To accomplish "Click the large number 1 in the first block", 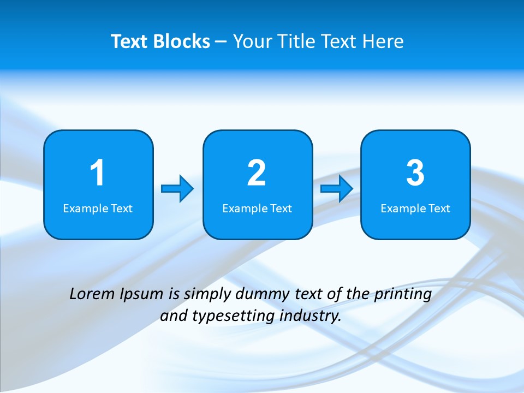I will pyautogui.click(x=98, y=173).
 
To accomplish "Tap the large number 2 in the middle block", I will pyautogui.click(x=257, y=173).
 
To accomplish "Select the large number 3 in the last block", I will pyautogui.click(x=415, y=173).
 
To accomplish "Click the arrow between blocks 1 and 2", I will pyautogui.click(x=177, y=189).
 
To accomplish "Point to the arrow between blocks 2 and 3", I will pyautogui.click(x=337, y=189).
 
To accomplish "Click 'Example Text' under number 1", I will pyautogui.click(x=98, y=209).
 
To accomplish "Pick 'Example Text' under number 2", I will pyautogui.click(x=257, y=209).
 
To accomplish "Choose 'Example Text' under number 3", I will pyautogui.click(x=415, y=209).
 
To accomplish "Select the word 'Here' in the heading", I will pyautogui.click(x=384, y=41).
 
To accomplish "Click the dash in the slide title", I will pyautogui.click(x=221, y=42).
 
